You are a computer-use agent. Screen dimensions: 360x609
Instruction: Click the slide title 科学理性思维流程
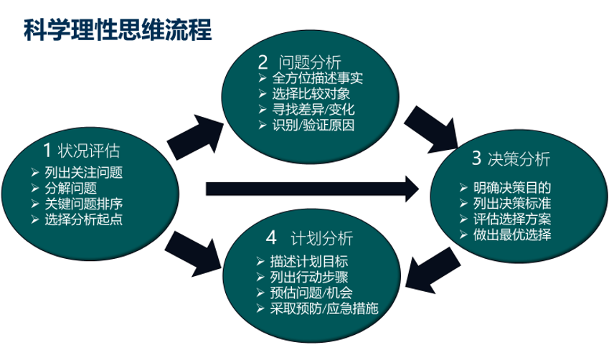coord(118,29)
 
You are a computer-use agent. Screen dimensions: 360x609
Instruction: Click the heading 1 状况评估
coord(81,151)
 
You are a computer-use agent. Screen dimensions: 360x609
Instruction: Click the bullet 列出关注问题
coord(82,172)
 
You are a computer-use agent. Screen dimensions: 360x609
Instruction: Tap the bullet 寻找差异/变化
coord(313,110)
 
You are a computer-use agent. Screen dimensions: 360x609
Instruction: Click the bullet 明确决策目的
coord(512,187)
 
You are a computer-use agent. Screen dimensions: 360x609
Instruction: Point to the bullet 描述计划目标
coord(310,261)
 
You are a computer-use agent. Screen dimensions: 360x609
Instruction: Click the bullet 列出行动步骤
coord(310,277)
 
